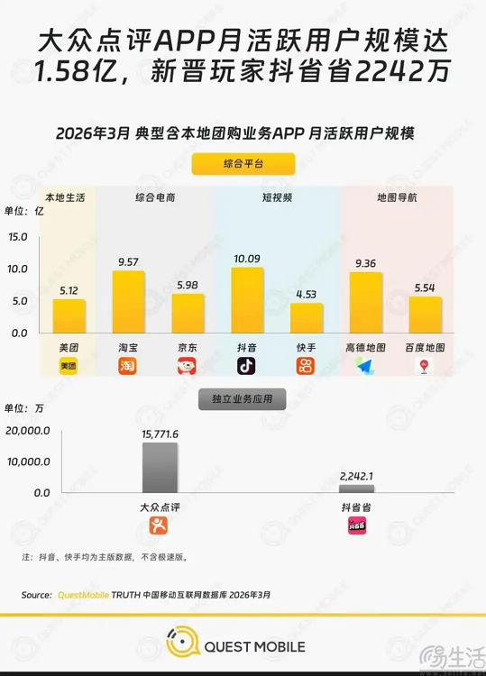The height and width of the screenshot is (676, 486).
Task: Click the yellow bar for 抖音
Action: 247,300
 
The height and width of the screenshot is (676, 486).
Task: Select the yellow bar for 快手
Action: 307,318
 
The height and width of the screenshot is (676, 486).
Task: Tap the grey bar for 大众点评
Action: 160,467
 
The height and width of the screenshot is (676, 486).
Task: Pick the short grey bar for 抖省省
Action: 356,488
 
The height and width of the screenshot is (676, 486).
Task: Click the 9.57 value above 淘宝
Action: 128,262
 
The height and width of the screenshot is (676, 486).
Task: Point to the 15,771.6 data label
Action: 160,434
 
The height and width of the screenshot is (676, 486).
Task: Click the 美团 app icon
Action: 69,366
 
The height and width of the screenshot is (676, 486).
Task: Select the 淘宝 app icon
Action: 128,366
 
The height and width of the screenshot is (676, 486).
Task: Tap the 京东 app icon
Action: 187,366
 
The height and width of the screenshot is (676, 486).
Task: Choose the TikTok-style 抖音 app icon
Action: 246,366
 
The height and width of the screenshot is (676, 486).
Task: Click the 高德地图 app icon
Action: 364,366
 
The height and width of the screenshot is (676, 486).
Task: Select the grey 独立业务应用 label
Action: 242,397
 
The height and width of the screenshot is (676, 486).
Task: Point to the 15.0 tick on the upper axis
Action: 18,237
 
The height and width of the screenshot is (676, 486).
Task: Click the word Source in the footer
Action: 36,595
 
